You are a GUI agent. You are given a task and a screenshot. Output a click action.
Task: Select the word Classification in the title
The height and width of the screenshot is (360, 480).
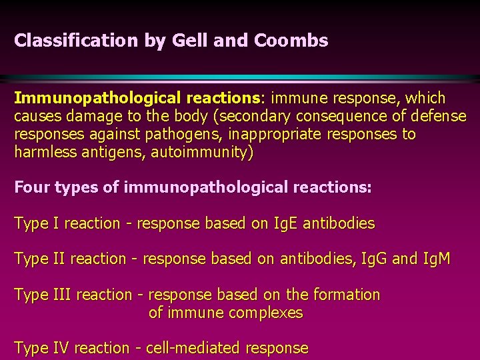77,41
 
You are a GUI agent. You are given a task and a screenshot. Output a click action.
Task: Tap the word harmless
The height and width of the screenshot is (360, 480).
44,152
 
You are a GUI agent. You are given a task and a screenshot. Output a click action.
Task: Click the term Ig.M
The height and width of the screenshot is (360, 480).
437,259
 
